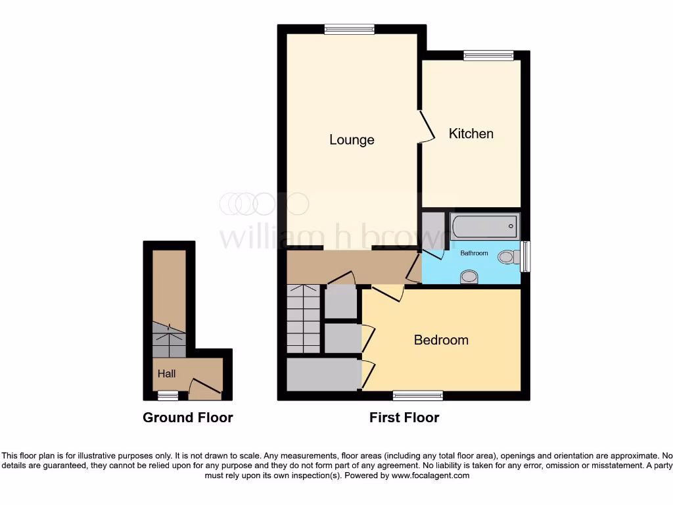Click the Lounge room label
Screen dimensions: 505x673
point(352,140)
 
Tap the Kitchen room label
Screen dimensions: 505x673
point(471,133)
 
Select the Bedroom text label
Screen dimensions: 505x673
point(441,340)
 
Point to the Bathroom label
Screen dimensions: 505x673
point(474,253)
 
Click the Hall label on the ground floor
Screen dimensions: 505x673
point(166,373)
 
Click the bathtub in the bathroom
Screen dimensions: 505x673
point(485,227)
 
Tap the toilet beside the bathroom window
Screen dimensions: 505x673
point(507,257)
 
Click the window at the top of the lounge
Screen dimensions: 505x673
point(349,29)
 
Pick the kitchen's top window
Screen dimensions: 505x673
point(488,56)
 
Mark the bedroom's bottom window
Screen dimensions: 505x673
point(417,395)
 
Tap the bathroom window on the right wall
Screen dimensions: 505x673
point(525,256)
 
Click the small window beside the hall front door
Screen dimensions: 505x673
point(168,395)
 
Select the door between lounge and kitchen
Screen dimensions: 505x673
point(427,126)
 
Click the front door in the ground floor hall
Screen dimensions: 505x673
point(204,389)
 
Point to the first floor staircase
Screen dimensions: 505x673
point(304,319)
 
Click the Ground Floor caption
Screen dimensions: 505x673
point(188,418)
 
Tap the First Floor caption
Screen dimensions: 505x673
point(404,418)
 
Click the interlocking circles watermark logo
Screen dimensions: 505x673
point(264,204)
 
